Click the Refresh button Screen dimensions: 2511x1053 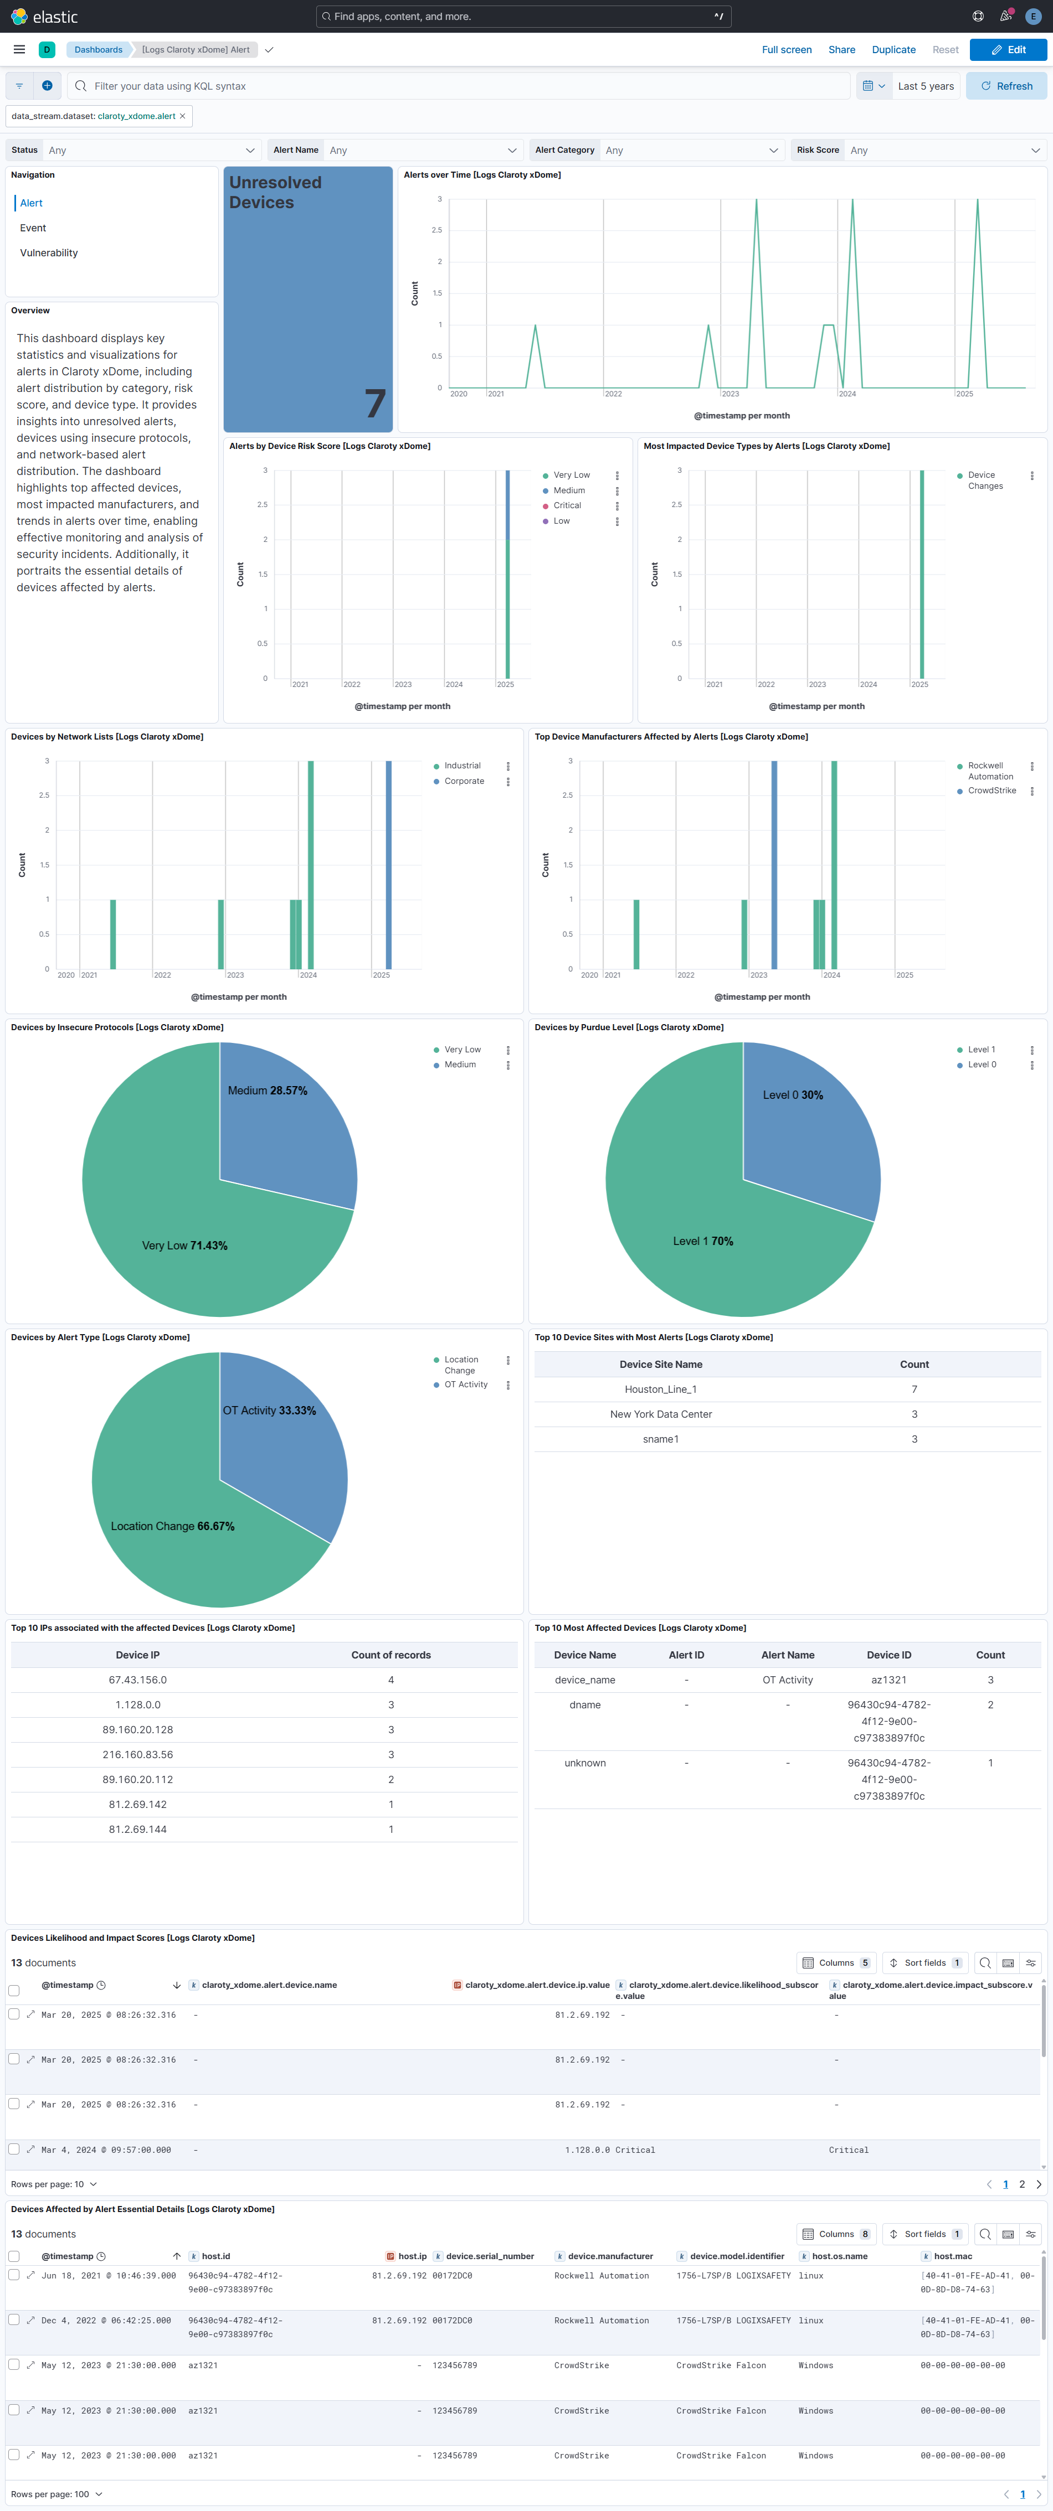[1006, 86]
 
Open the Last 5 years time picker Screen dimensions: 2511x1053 [924, 86]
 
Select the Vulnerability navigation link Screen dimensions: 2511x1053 [49, 252]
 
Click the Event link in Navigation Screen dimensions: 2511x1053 [33, 228]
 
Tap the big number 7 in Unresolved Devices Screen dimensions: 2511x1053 [374, 402]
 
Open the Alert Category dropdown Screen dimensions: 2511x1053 [656, 150]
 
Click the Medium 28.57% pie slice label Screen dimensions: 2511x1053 [267, 1091]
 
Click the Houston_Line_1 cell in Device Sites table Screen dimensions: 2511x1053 [660, 1389]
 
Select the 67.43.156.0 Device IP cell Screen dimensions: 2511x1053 [137, 1680]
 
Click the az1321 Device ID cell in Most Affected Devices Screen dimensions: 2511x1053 [888, 1680]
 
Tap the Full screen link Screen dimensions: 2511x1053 [786, 50]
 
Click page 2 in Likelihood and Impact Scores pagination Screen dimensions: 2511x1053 [1022, 2184]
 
